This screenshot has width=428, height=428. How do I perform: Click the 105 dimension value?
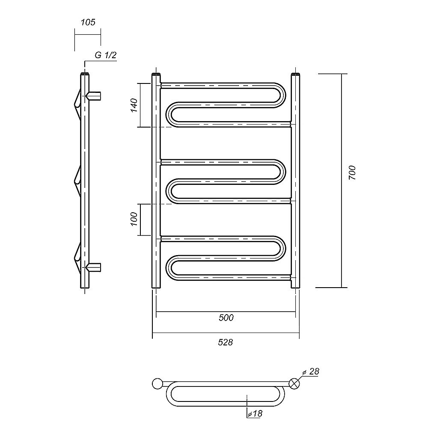88,22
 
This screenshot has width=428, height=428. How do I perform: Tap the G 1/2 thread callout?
106,55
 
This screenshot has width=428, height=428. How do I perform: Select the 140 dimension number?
134,105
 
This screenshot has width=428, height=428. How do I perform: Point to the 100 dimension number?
134,219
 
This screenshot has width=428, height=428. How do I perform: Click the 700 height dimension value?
352,172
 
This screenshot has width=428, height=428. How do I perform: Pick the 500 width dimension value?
226,318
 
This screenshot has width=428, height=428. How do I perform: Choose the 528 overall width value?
226,342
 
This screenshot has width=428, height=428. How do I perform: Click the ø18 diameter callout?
255,413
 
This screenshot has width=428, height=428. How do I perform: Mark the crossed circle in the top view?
294,384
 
